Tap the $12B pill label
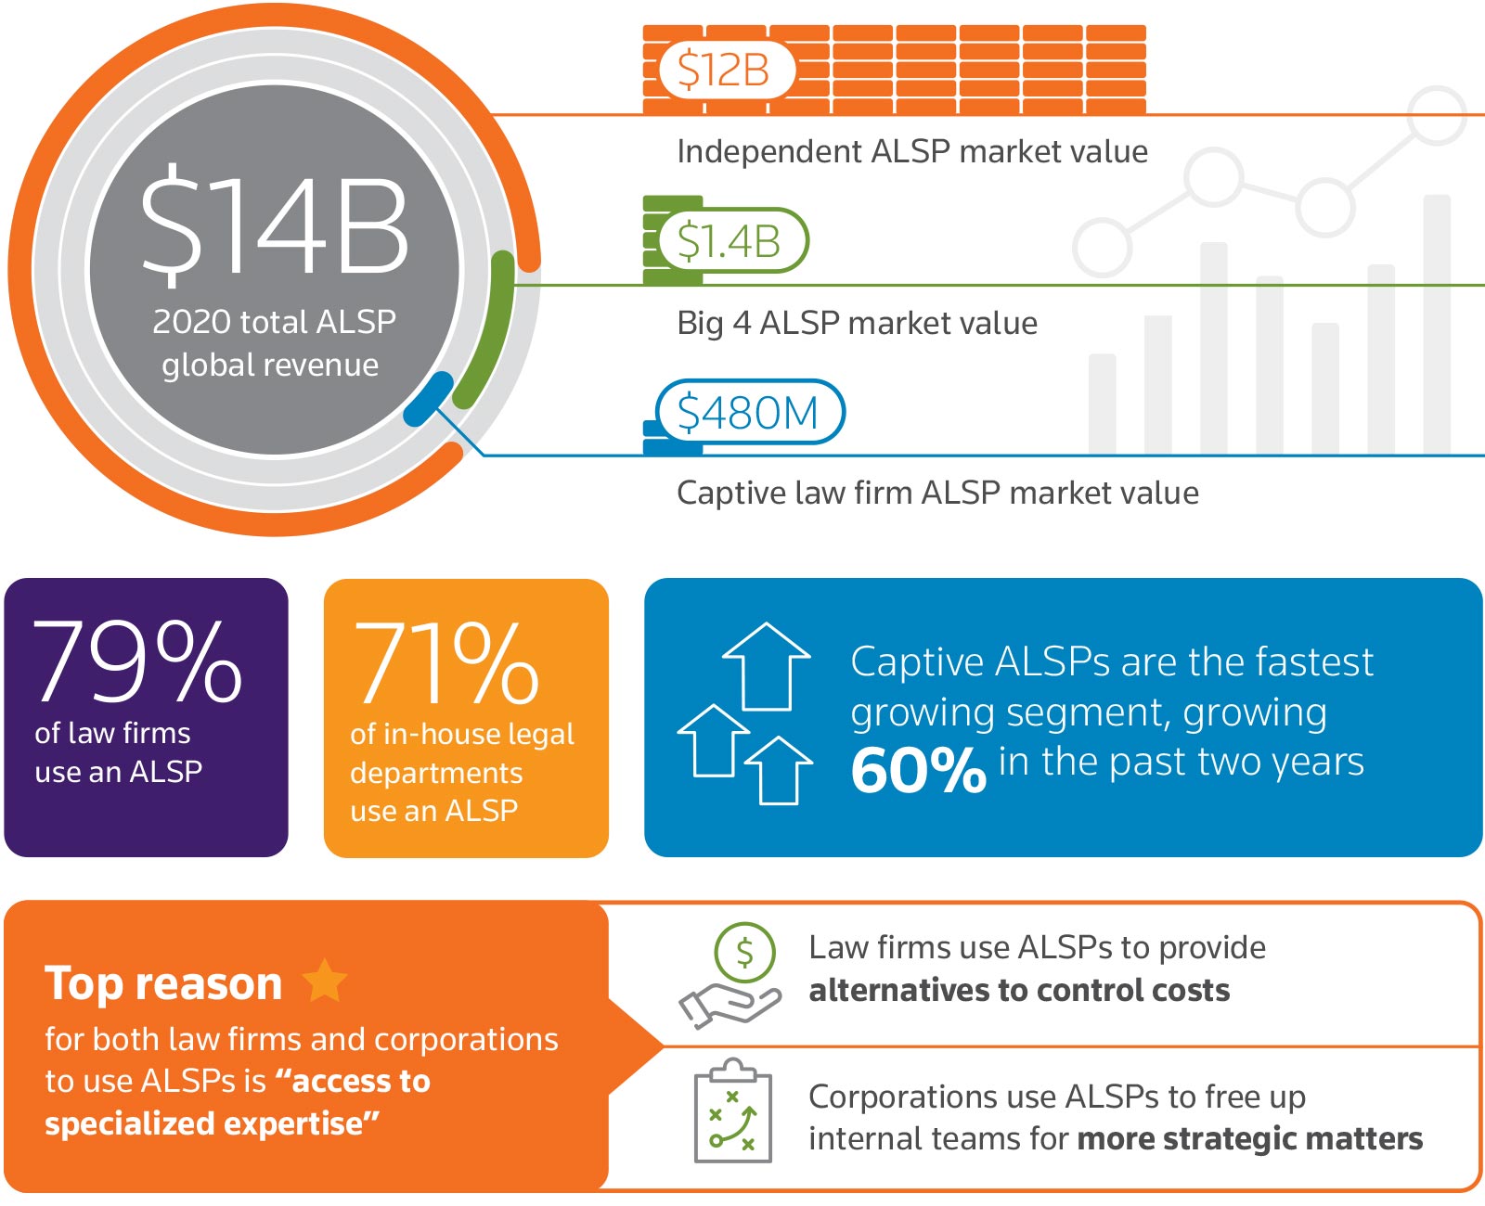(725, 71)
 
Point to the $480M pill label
(749, 413)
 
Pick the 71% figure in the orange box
(445, 664)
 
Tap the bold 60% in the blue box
(917, 770)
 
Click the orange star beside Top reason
(324, 981)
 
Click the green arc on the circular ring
(490, 329)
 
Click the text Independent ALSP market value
(911, 151)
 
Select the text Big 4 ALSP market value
(857, 323)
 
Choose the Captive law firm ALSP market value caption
(937, 493)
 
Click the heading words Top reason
(163, 983)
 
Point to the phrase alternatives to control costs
(1019, 991)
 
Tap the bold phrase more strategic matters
(1250, 1138)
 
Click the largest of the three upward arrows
(766, 666)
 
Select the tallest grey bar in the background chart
(1436, 325)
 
